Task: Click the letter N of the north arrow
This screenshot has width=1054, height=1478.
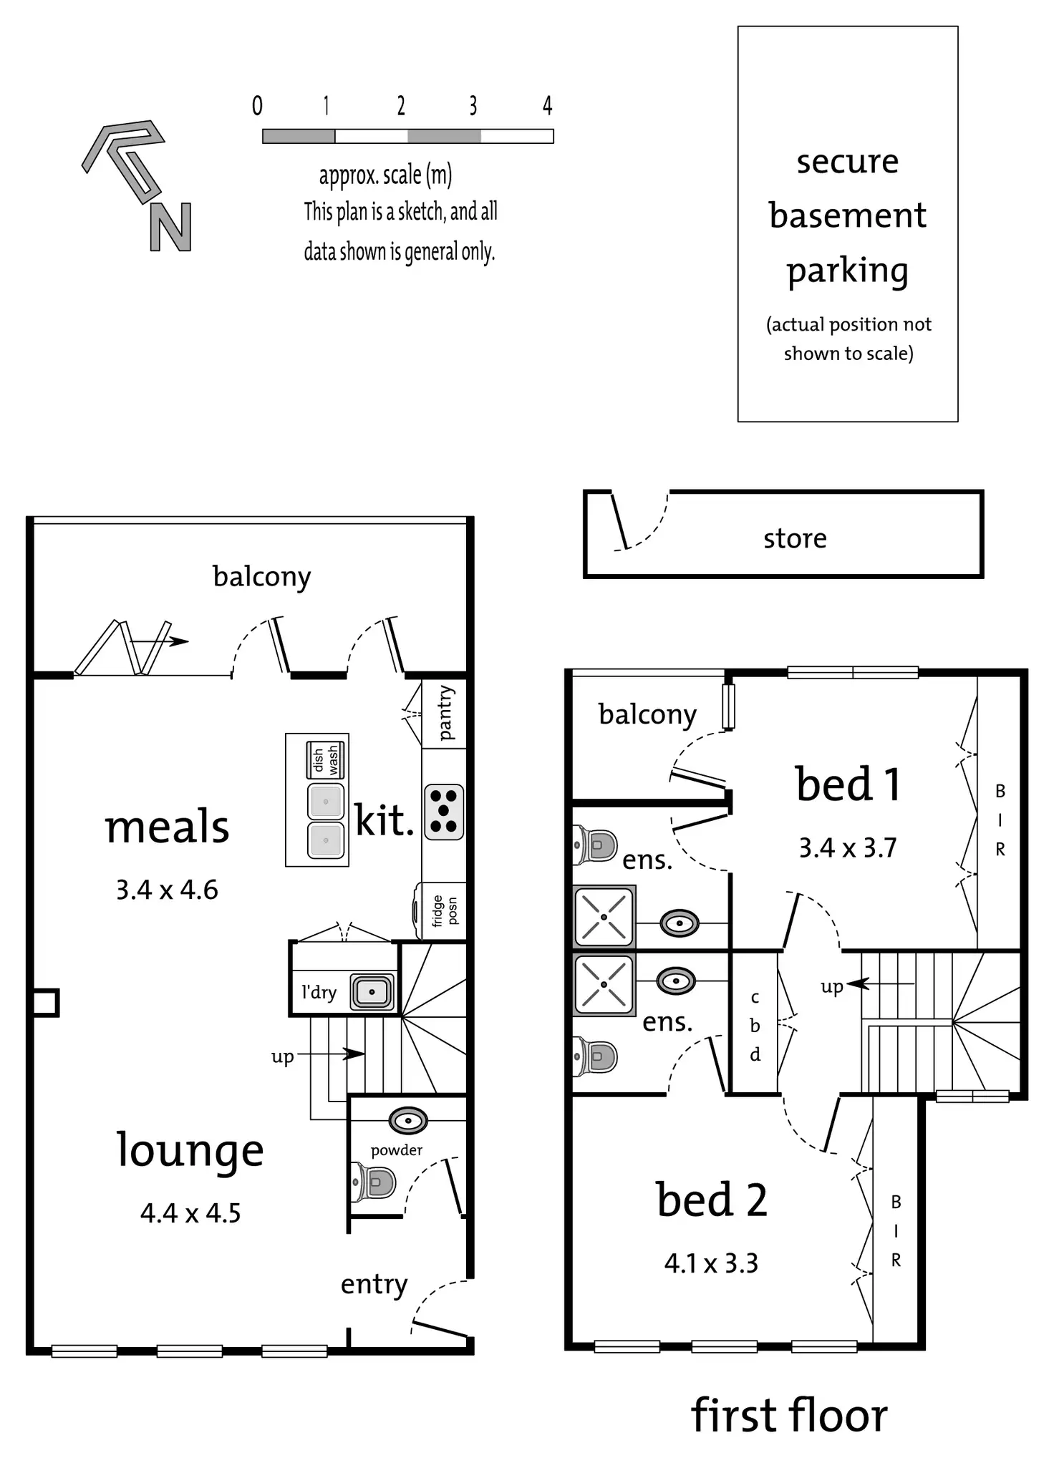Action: (170, 227)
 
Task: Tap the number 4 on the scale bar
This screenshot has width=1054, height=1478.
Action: (547, 106)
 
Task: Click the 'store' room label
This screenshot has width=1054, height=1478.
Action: (795, 538)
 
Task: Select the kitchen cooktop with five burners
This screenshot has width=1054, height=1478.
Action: (444, 812)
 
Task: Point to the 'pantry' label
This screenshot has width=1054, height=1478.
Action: (445, 713)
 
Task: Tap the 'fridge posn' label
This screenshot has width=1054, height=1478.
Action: (444, 910)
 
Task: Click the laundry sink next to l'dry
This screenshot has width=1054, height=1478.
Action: (372, 992)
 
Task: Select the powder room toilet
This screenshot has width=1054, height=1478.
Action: (375, 1183)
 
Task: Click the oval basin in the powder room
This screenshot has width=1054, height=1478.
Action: (408, 1120)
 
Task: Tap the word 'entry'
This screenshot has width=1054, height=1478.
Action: (374, 1284)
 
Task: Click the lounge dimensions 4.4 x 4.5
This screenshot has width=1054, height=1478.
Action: (190, 1213)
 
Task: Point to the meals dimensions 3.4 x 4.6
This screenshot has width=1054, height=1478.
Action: (167, 890)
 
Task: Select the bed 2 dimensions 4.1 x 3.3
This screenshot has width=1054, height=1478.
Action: (711, 1263)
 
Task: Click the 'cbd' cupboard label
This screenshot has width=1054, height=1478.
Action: (755, 1026)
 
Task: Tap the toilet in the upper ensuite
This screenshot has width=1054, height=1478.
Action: (596, 845)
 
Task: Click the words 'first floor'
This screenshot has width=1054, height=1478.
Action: (789, 1415)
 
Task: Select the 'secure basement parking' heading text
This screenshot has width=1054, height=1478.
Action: (848, 215)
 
